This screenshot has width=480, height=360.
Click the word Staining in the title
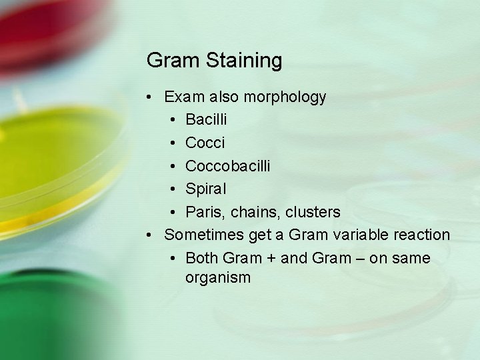[x=243, y=61]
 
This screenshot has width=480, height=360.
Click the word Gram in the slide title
[x=173, y=61]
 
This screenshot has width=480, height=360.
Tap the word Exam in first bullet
[x=185, y=97]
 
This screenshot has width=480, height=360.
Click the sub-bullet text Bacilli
[x=206, y=120]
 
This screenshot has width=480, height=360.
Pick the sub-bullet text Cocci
[x=205, y=143]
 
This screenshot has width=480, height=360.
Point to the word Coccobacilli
[x=228, y=166]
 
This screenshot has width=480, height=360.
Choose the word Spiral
[x=206, y=189]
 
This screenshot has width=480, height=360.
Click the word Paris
[x=206, y=212]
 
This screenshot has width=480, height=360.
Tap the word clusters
[x=314, y=212]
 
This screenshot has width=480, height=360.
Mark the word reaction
[x=423, y=235]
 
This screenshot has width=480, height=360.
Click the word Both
[x=203, y=258]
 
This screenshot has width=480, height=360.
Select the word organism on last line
[x=218, y=277]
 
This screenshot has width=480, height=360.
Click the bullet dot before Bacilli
[x=173, y=121]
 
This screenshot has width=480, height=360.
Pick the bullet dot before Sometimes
[x=151, y=235]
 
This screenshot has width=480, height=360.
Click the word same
[x=411, y=258]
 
